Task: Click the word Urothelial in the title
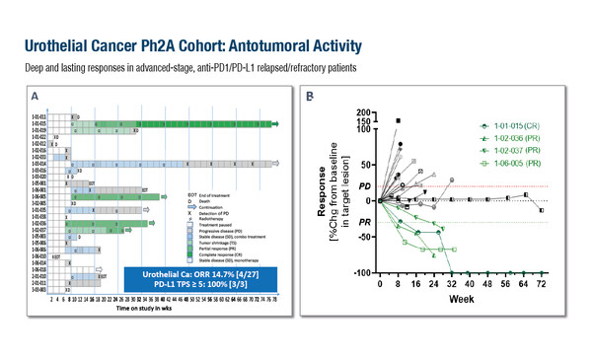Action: click(x=62, y=46)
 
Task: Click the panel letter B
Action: click(x=311, y=97)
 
